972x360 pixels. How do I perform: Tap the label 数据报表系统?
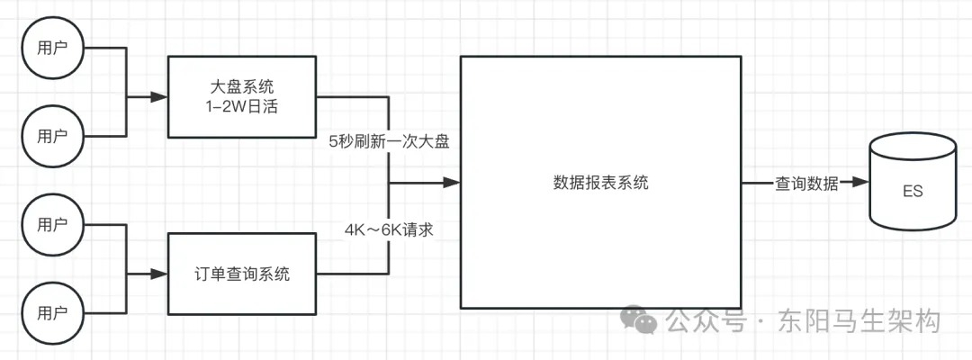[x=600, y=183]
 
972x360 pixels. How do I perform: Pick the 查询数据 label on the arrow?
[x=807, y=184]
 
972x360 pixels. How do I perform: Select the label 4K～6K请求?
[x=390, y=229]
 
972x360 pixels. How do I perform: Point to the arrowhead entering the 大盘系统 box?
[x=161, y=96]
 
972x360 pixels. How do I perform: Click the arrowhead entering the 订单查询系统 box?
[x=161, y=273]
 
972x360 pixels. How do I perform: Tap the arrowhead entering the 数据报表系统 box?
[x=452, y=183]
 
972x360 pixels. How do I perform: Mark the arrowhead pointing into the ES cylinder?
[x=860, y=183]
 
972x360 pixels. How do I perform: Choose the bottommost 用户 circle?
[x=52, y=314]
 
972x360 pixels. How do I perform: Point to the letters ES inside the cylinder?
[x=912, y=192]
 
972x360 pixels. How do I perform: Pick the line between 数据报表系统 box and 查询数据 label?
[x=756, y=183]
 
